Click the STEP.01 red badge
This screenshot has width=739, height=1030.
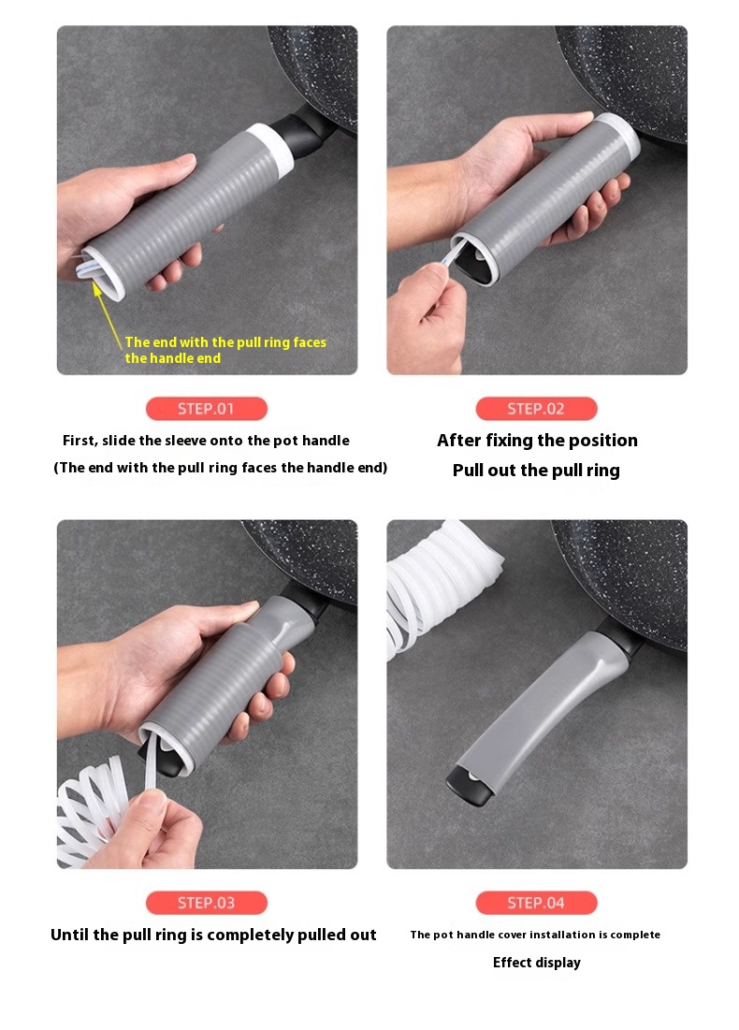[206, 409]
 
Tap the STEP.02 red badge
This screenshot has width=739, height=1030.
[536, 409]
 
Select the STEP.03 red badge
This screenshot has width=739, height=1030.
[206, 903]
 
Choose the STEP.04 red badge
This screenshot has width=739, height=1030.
[536, 903]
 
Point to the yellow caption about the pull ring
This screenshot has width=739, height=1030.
[225, 350]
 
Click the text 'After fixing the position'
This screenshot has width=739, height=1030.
[537, 440]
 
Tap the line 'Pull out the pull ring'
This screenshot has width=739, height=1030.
[536, 471]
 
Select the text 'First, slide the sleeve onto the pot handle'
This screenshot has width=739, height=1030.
[206, 441]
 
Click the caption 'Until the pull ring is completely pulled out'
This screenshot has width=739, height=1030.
[213, 935]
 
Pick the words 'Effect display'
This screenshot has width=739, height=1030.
[537, 963]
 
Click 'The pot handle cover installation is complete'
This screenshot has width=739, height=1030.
[535, 935]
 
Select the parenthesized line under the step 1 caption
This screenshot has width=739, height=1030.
[220, 468]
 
